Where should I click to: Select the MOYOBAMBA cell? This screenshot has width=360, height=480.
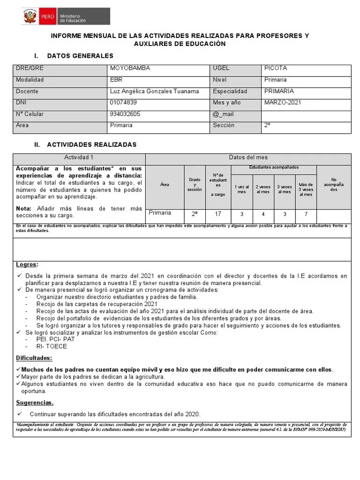[x=130, y=68]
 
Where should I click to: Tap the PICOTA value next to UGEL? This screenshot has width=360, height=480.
[x=276, y=68]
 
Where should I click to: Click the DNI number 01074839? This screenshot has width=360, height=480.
[x=123, y=102]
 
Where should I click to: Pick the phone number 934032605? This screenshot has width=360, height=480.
[x=125, y=114]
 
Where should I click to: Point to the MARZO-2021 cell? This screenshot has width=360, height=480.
[x=283, y=102]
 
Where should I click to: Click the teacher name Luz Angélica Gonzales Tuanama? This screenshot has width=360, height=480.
[x=154, y=91]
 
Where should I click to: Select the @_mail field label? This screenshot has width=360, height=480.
[x=223, y=114]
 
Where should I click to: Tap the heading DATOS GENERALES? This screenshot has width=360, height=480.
[x=80, y=56]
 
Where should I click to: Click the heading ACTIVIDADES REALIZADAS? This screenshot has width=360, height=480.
[x=91, y=145]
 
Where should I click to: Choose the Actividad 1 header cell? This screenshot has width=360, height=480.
[x=79, y=158]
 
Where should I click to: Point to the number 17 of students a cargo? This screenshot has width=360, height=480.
[x=218, y=214]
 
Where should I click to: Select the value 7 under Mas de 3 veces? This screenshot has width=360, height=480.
[x=306, y=214]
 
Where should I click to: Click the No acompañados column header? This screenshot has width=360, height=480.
[x=333, y=185]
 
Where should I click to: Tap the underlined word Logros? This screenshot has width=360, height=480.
[x=27, y=264]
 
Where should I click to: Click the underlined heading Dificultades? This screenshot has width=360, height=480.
[x=34, y=358]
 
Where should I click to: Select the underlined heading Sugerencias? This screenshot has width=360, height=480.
[x=35, y=403]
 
